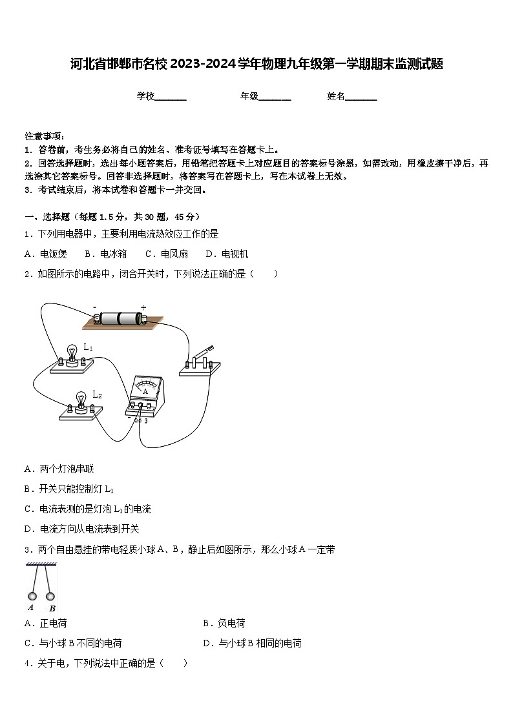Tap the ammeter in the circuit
click(145, 396)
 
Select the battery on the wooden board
click(120, 318)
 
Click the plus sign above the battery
click(143, 307)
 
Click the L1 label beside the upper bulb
click(89, 347)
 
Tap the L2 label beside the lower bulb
click(97, 394)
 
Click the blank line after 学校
click(171, 97)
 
